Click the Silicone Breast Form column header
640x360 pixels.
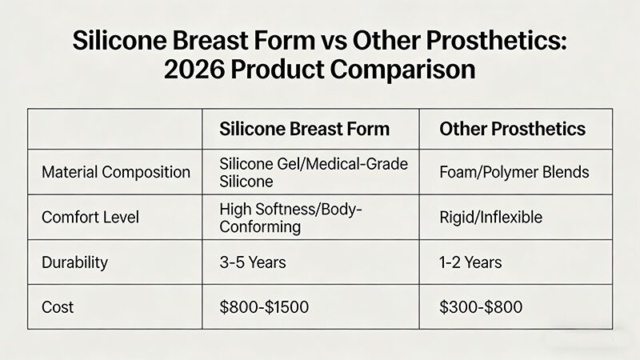click(305, 130)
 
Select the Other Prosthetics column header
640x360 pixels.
click(512, 130)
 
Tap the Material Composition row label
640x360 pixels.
click(116, 172)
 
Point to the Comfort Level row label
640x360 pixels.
click(90, 217)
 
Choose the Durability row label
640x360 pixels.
click(75, 261)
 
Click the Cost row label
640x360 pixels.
click(58, 306)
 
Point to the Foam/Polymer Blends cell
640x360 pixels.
click(514, 172)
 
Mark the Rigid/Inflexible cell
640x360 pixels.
click(491, 217)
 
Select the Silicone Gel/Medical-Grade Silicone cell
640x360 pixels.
click(313, 172)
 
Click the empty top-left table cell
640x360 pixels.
click(114, 130)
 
